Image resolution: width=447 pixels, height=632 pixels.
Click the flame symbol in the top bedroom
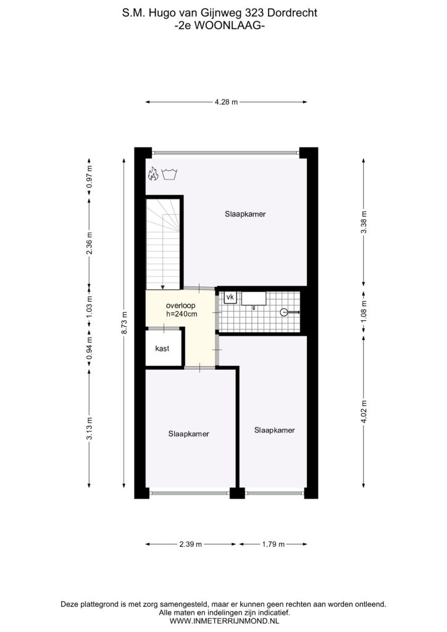(x=152, y=174)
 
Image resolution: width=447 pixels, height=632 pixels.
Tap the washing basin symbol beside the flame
(x=170, y=175)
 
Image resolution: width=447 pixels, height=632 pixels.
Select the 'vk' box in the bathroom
(x=230, y=297)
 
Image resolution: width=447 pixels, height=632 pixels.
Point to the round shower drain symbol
(x=284, y=312)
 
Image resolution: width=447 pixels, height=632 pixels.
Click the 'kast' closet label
(x=162, y=349)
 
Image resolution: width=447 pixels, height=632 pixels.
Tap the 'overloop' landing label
(x=180, y=306)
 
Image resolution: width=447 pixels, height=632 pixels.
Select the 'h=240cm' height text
(x=182, y=314)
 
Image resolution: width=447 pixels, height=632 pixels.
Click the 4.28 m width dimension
(x=226, y=102)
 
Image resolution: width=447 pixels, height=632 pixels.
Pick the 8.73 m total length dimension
(x=124, y=323)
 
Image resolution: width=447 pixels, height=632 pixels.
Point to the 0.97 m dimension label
(x=90, y=177)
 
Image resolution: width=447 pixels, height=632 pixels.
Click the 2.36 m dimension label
(x=90, y=243)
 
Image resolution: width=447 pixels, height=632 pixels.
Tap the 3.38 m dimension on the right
(x=364, y=222)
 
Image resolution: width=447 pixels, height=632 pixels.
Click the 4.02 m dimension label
(x=364, y=412)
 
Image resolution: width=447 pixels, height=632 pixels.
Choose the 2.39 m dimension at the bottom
(x=191, y=544)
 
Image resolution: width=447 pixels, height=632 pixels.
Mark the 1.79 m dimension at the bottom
(x=274, y=544)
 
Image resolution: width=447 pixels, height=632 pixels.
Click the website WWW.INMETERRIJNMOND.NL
(x=224, y=621)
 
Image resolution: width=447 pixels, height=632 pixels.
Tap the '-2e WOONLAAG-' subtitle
(x=220, y=25)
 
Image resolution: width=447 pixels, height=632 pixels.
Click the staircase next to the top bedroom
(x=163, y=243)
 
